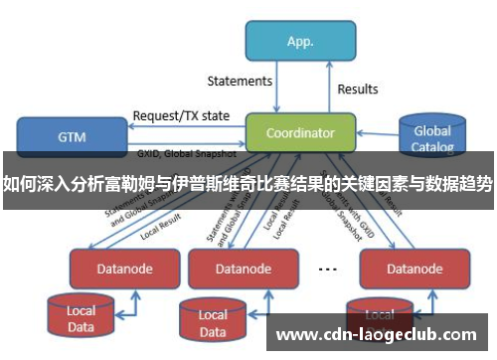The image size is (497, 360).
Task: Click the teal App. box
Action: [300, 42]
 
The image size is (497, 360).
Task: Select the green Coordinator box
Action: [300, 131]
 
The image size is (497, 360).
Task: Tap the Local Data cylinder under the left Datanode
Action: [82, 317]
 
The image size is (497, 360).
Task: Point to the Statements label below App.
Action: [240, 81]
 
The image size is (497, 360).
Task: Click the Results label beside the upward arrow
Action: [358, 90]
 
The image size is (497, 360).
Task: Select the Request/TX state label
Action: [181, 115]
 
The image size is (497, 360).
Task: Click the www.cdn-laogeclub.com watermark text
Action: [375, 335]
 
